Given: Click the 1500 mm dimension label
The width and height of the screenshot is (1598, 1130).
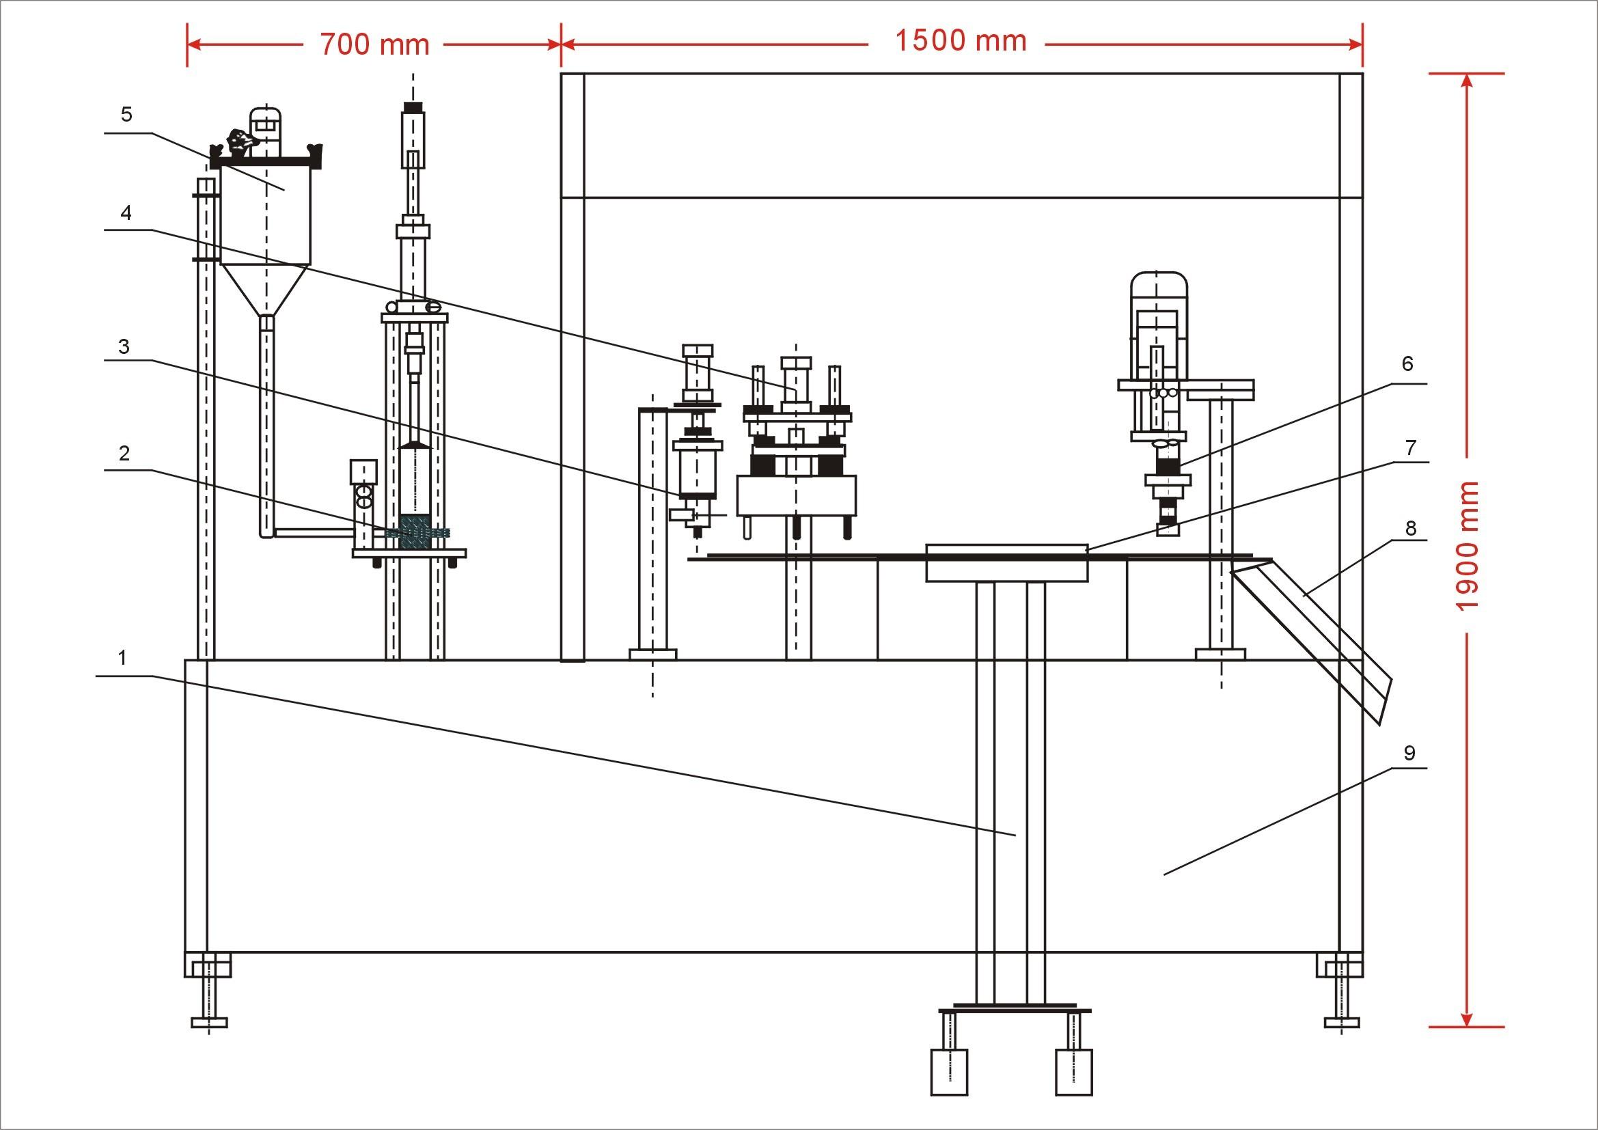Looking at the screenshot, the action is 961,41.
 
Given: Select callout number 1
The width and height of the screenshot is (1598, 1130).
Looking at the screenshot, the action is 122,657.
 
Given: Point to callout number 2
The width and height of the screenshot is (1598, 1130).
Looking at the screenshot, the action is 124,453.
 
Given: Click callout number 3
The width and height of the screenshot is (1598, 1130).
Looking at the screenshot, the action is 124,346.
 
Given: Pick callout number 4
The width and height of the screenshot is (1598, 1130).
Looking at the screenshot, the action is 126,212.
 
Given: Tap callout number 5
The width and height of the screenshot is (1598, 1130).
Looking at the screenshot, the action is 126,114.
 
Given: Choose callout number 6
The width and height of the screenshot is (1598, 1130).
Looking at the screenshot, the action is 1407,364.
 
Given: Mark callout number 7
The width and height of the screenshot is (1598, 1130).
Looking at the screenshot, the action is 1411,447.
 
